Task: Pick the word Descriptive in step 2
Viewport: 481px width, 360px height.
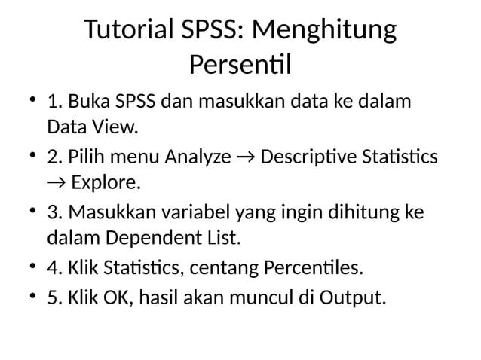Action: tap(305, 157)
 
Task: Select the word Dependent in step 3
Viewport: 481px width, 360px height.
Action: tap(149, 239)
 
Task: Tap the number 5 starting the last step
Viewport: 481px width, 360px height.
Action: tap(52, 297)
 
